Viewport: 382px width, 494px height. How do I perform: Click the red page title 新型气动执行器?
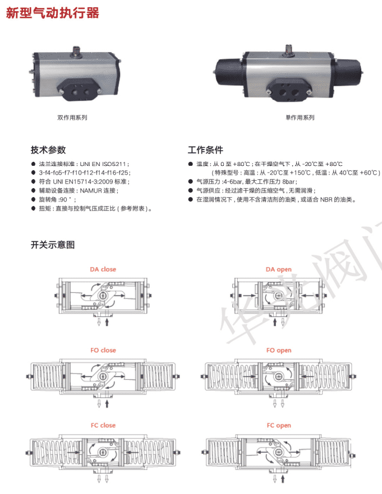[52, 13]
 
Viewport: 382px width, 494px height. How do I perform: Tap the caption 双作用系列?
[72, 118]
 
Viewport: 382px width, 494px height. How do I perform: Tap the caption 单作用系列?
[300, 118]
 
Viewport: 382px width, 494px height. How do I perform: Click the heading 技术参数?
[48, 150]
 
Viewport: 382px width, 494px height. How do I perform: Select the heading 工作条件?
[205, 150]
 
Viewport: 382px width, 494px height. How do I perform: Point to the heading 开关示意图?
[53, 245]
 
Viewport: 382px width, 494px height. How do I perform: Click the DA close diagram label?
[103, 269]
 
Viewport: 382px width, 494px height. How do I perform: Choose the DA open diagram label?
[279, 269]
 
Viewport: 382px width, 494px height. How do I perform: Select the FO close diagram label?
[103, 351]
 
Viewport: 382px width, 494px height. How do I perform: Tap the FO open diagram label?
[279, 351]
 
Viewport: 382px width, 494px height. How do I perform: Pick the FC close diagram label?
[103, 425]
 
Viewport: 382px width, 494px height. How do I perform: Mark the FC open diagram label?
[279, 425]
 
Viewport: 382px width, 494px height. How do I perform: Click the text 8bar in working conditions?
[289, 182]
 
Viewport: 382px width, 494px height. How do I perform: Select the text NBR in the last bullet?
[326, 200]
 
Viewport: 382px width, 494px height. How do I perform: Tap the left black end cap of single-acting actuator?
[229, 73]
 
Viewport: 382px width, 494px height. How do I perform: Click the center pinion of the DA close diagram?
[102, 296]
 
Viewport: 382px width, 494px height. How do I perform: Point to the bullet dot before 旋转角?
[33, 200]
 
